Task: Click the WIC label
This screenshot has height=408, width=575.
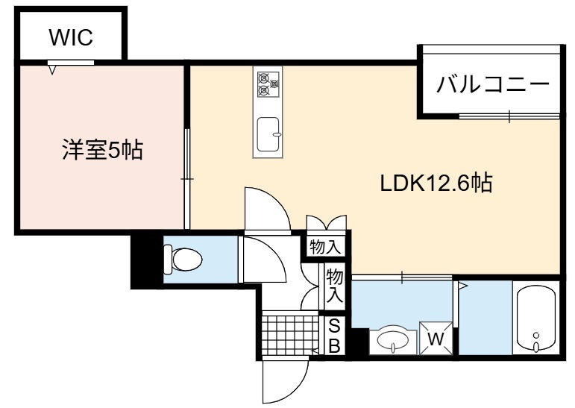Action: click(71, 37)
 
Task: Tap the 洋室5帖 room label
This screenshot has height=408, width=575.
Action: click(102, 149)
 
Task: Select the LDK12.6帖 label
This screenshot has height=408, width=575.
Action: click(436, 182)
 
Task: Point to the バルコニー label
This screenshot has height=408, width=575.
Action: click(493, 85)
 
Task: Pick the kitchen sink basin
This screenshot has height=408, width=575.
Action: click(268, 134)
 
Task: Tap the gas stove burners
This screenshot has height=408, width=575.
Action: click(268, 84)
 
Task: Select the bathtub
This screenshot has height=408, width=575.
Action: click(536, 318)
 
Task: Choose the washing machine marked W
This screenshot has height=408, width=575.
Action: click(436, 339)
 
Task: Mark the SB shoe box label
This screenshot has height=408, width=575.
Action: click(334, 336)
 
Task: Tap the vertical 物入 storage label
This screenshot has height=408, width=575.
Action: click(334, 286)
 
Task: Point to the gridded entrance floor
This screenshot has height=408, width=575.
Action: click(290, 334)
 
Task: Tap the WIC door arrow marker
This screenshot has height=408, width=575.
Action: click(52, 69)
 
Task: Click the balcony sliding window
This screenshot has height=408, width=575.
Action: click(509, 116)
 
